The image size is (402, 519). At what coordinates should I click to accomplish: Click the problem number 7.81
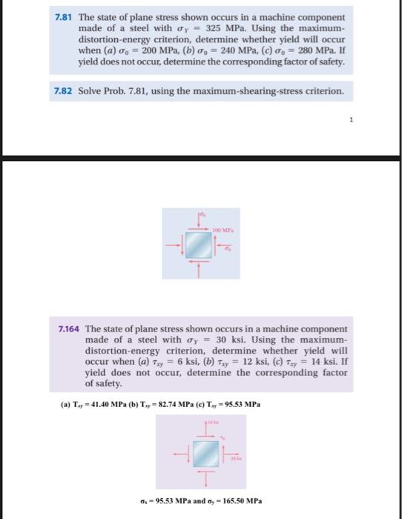tap(65, 16)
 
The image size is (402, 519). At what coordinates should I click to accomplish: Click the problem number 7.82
tap(65, 92)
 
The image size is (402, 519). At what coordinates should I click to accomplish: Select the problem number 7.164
tap(70, 328)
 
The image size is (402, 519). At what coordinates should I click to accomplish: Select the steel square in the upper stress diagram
tap(200, 244)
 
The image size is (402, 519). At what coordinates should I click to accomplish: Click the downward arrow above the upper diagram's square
tap(200, 219)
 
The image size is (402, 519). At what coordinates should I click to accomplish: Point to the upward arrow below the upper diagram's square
tap(200, 269)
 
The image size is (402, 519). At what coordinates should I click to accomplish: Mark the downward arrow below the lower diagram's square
tap(201, 477)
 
